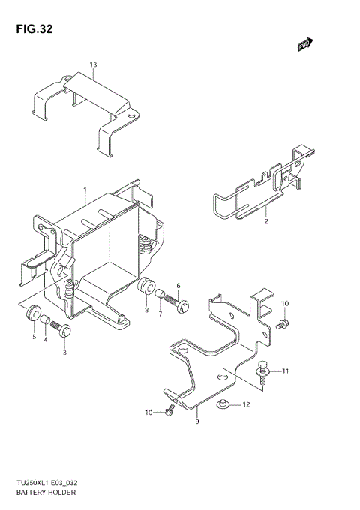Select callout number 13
click(x=93, y=65)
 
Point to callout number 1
click(x=85, y=190)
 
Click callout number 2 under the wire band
click(x=265, y=222)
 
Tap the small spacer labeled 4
click(x=45, y=322)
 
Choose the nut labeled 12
click(x=221, y=405)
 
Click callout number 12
click(x=245, y=405)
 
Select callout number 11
click(x=284, y=370)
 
